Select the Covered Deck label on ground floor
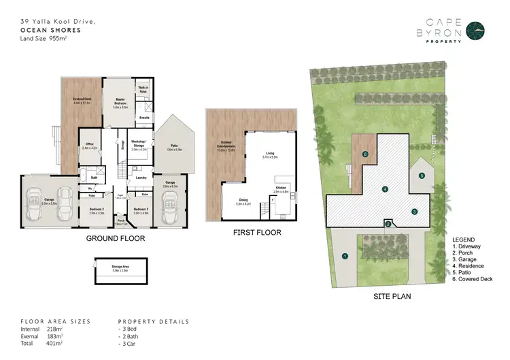click(x=83, y=101)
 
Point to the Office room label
click(x=90, y=145)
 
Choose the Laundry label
click(x=141, y=178)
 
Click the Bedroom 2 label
click(x=96, y=210)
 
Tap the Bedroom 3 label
click(x=141, y=210)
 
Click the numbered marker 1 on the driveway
click(x=345, y=257)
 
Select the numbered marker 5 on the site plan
click(x=422, y=176)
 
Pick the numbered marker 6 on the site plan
click(x=366, y=155)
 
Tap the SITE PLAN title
click(x=393, y=297)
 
